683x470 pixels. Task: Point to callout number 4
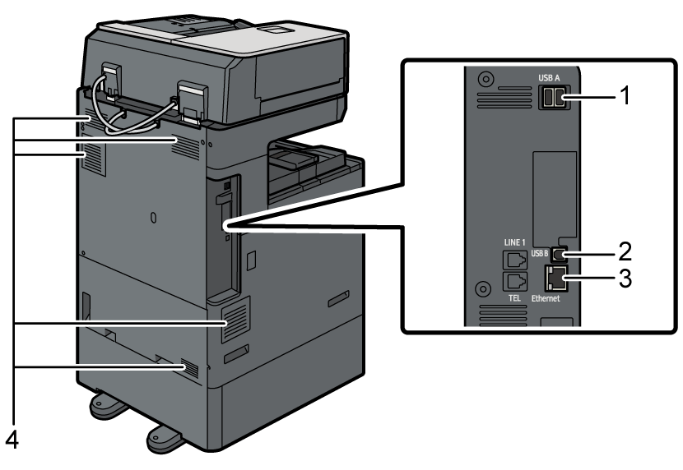tap(11, 440)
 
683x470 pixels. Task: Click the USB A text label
tap(549, 78)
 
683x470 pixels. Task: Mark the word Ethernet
tap(546, 298)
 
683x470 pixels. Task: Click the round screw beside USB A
tap(486, 81)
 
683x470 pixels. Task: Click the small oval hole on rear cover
tap(153, 217)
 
